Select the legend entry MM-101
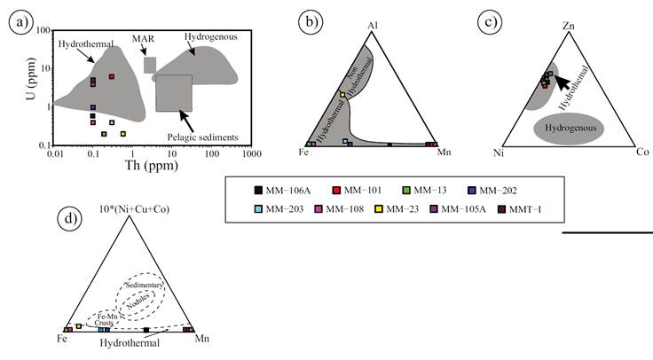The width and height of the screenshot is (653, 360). point(361,189)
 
